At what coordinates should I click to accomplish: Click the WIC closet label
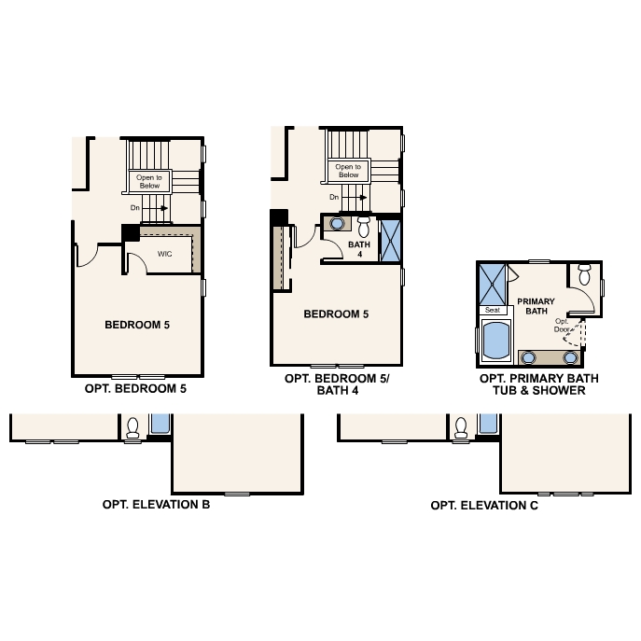(165, 254)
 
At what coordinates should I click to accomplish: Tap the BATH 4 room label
(359, 249)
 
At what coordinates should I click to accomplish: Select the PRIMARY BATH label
(536, 306)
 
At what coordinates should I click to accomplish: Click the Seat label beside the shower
(493, 310)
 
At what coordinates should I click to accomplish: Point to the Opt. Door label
(562, 326)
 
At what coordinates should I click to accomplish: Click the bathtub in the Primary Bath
(496, 341)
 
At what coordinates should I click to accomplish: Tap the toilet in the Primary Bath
(585, 274)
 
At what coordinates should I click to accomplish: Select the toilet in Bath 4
(364, 227)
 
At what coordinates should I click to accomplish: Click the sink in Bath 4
(337, 224)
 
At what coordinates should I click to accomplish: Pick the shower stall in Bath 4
(390, 241)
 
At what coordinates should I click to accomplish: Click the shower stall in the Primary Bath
(493, 285)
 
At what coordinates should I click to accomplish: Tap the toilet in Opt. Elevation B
(132, 427)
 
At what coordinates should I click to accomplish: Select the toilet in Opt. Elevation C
(461, 427)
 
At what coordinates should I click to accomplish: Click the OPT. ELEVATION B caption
(156, 505)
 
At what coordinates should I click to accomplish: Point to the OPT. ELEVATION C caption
(484, 506)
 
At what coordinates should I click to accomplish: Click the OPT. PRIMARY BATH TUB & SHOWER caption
(538, 384)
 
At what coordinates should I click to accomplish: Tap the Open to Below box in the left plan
(149, 182)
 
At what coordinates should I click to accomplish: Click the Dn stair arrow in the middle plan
(363, 198)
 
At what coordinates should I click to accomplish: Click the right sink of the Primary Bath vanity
(570, 357)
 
